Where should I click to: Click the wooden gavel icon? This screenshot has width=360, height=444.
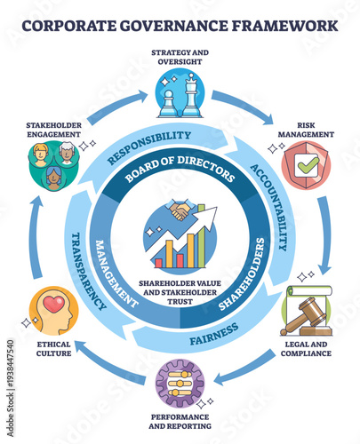306,313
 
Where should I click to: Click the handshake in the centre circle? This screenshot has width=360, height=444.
180,211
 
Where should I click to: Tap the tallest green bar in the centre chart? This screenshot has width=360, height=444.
207,247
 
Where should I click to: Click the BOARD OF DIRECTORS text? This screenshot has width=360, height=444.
180,168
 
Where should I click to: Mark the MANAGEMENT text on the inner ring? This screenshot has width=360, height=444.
116,271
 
